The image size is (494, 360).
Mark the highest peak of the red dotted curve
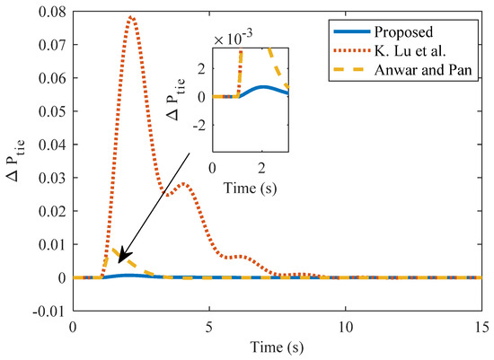131,17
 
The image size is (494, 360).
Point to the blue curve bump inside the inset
262,88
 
